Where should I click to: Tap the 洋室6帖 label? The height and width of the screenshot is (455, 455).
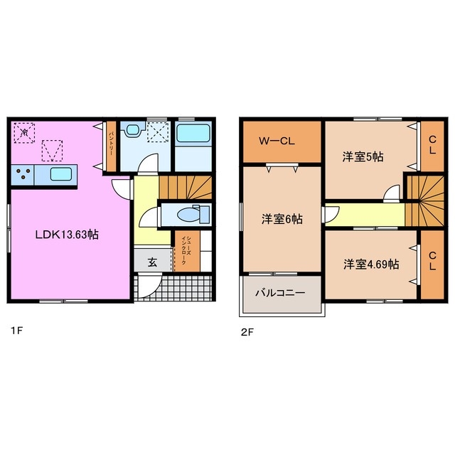pyautogui.click(x=282, y=220)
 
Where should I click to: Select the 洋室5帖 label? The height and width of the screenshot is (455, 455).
pyautogui.click(x=363, y=156)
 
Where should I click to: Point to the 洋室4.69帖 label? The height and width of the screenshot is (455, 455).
pyautogui.click(x=371, y=264)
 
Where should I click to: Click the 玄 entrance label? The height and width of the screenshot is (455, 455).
pyautogui.click(x=152, y=262)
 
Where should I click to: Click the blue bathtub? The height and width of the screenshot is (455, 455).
pyautogui.click(x=193, y=135)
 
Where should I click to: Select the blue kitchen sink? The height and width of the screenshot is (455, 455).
pyautogui.click(x=60, y=174)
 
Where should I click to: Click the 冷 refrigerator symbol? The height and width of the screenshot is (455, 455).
pyautogui.click(x=24, y=132)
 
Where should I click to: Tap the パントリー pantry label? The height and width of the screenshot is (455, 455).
pyautogui.click(x=112, y=146)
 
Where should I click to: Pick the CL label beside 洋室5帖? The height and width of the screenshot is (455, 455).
pyautogui.click(x=432, y=147)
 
